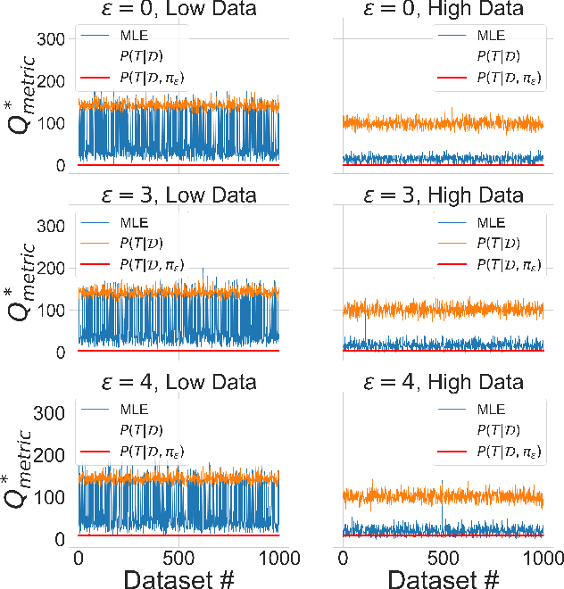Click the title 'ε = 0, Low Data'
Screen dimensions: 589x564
[178, 10]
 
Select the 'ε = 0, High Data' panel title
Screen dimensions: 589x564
[444, 10]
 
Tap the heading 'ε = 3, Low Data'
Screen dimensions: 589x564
[178, 195]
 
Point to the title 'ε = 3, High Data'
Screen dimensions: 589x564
[444, 195]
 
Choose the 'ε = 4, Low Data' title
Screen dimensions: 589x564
[178, 382]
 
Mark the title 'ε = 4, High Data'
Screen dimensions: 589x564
[444, 382]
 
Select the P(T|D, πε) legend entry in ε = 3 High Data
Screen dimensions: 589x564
[510, 264]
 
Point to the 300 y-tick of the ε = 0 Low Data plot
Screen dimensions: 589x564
[51, 39]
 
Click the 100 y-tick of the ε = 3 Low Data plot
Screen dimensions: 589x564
[51, 311]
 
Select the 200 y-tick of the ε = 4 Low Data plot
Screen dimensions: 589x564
[51, 455]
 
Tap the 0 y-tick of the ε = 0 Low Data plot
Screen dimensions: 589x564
[61, 166]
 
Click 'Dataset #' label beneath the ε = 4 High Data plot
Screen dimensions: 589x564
[444, 578]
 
